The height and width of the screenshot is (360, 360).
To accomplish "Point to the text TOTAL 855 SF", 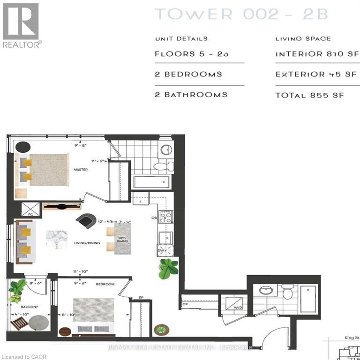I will (309, 95).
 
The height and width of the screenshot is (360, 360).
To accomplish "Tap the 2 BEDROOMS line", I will (188, 74).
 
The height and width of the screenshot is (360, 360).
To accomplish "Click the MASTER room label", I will (80, 169).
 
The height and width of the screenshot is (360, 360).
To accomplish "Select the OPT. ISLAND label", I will (122, 240).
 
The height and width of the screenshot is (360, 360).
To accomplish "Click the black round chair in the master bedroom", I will (22, 147).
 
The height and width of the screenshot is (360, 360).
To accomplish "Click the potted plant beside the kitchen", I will (168, 269).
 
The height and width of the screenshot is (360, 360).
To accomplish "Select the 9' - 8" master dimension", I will (81, 145).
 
